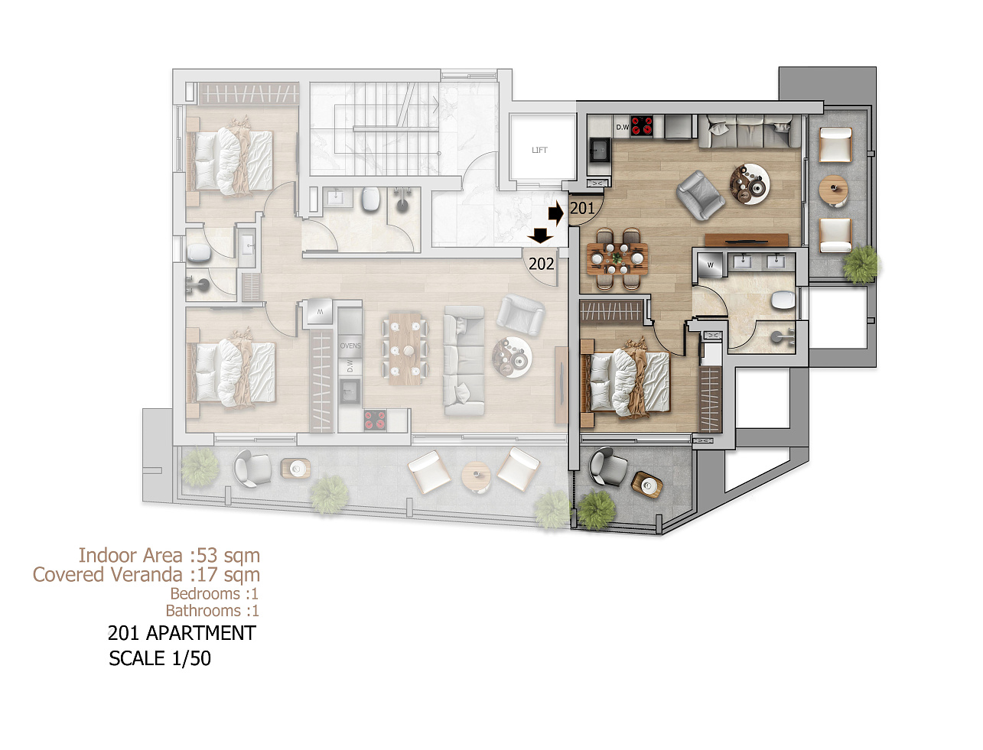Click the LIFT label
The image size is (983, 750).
539,150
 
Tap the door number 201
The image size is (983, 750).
582,208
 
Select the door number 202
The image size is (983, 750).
542,264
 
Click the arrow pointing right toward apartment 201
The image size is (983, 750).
556,213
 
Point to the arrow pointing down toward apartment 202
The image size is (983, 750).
540,235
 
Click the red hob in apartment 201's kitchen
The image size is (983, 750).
642,126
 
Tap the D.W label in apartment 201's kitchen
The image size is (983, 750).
623,128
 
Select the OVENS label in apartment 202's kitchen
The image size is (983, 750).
350,346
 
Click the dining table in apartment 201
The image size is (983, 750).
617,258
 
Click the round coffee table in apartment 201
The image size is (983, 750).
750,184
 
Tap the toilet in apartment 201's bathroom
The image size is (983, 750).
783,300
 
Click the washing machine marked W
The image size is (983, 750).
710,265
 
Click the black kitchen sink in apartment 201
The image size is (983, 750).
600,149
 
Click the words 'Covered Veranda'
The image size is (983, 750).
108,575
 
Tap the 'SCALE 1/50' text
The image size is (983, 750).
159,658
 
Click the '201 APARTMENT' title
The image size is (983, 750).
182,633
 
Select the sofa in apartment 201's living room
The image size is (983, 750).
746,131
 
